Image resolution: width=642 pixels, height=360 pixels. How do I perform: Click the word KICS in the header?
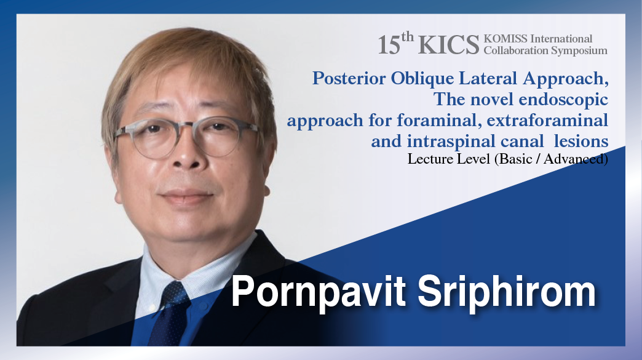tap(448, 45)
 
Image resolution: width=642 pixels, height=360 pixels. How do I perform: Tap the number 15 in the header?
tap(389, 45)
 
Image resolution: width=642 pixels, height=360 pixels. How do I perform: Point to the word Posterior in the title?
tap(349, 78)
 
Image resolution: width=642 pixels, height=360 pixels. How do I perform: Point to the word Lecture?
tap(427, 159)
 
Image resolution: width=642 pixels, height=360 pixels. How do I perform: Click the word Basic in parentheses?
tap(515, 159)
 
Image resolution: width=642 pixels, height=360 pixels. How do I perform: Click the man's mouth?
tap(187, 195)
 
